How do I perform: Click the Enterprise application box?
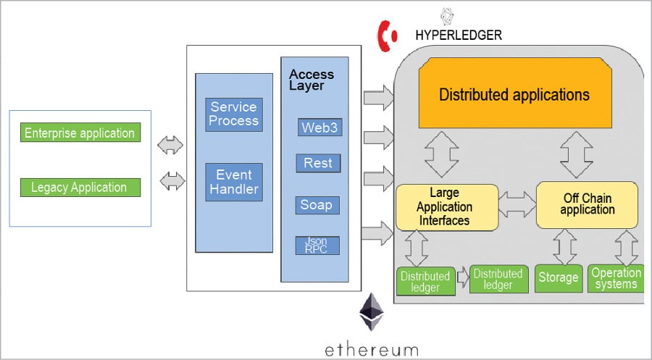click(x=80, y=133)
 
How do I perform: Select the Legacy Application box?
click(x=80, y=188)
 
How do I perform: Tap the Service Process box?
click(x=233, y=114)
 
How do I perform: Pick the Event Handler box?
click(x=233, y=182)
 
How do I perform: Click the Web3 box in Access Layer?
click(x=319, y=127)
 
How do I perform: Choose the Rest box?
click(x=317, y=163)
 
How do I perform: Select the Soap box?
click(x=317, y=205)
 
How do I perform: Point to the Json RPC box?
click(x=317, y=245)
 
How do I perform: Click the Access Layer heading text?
click(x=312, y=80)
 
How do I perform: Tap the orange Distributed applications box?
click(x=514, y=95)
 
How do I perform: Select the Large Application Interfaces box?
click(x=447, y=207)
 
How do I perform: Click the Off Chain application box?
click(x=587, y=204)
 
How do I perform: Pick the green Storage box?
click(x=558, y=277)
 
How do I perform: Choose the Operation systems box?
click(x=616, y=277)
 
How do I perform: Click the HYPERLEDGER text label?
click(x=458, y=35)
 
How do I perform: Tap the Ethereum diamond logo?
click(x=372, y=312)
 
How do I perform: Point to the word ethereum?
click(x=371, y=348)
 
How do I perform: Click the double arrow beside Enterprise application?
click(x=172, y=145)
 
